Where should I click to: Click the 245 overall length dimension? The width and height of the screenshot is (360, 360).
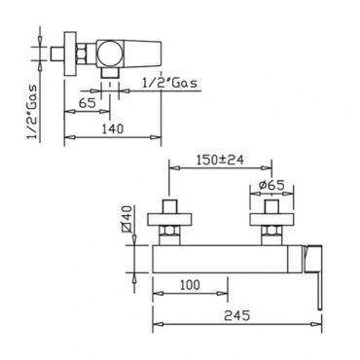coord(237,315)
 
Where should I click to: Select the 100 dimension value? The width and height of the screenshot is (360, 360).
coord(190,285)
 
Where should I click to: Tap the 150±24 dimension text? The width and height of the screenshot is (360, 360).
coord(220,160)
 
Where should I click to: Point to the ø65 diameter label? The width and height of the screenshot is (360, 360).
coord(271,185)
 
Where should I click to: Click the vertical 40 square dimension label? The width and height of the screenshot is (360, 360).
coord(127,219)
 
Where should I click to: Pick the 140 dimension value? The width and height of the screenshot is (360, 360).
coord(113,128)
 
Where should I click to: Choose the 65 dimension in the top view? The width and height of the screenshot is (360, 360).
coord(88,103)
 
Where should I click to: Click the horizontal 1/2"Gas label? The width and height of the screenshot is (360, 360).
coord(169,83)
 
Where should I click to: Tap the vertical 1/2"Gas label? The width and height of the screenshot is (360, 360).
coord(32,111)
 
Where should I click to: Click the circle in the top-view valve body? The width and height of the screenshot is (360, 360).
coord(111,54)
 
